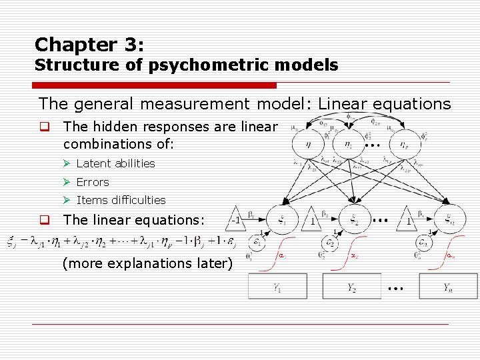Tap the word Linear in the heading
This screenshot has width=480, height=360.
click(x=344, y=104)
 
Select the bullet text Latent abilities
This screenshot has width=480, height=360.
click(x=115, y=163)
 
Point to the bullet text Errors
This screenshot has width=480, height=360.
click(x=93, y=182)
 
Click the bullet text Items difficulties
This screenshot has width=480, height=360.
click(x=121, y=200)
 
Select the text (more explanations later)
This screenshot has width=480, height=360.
click(x=147, y=263)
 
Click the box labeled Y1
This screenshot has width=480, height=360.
click(x=277, y=287)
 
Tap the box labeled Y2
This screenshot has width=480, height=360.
click(x=352, y=287)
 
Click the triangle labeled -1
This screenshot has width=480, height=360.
click(x=236, y=219)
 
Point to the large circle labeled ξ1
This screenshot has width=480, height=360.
click(x=281, y=219)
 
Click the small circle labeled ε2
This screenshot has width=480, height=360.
click(x=329, y=244)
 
